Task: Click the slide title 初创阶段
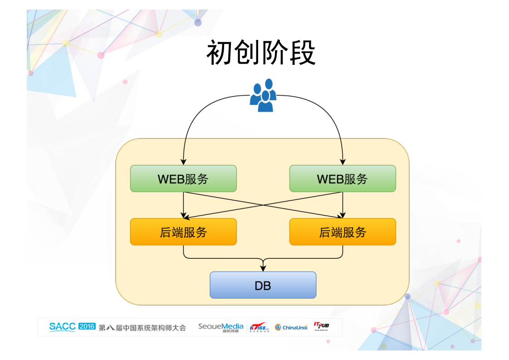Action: pos(261,53)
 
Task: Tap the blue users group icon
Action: pos(263,96)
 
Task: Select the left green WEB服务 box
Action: pos(183,178)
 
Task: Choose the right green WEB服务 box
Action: pos(343,178)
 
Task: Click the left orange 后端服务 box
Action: pos(183,232)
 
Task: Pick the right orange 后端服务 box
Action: pos(343,232)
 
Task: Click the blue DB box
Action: pos(263,285)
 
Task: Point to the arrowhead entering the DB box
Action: pos(263,269)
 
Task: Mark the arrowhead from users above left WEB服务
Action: pos(183,161)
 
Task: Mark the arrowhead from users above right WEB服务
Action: pos(343,161)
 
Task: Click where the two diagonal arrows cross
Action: pos(263,205)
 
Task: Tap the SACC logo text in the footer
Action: pos(63,326)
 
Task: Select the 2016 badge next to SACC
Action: pos(87,326)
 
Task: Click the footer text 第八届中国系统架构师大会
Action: pos(142,328)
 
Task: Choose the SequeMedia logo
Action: pos(220,327)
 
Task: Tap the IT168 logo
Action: pos(259,327)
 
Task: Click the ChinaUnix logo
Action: pos(291,327)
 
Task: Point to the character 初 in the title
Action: pos(220,53)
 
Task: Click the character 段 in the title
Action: pos(302,53)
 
